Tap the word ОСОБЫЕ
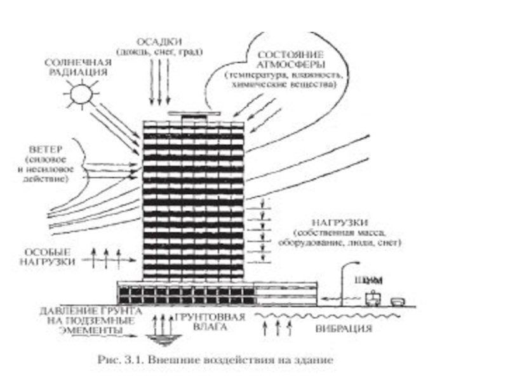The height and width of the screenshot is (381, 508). pos(56,250)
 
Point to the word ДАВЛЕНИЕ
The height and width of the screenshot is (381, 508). pos(63,311)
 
